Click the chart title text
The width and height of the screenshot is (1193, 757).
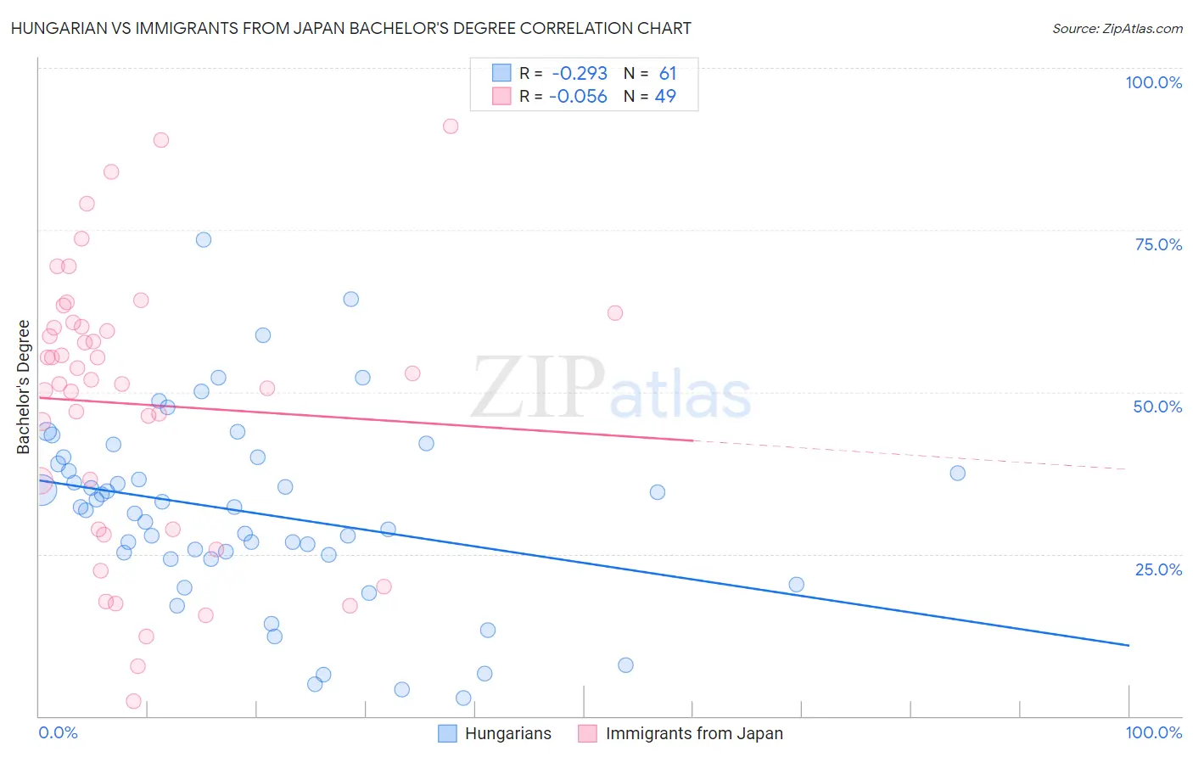(351, 28)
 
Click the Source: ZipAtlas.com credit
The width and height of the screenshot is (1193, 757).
(1117, 28)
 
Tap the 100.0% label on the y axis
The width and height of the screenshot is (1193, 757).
(1153, 82)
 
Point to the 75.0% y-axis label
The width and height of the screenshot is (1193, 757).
(1158, 244)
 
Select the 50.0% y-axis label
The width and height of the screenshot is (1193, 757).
(1157, 407)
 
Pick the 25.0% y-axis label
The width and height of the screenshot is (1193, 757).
(1158, 569)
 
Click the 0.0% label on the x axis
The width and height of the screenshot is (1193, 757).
(58, 732)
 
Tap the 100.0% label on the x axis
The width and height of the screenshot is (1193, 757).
(1153, 732)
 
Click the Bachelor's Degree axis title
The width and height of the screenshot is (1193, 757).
(24, 387)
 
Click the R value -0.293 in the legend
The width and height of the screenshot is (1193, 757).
(580, 74)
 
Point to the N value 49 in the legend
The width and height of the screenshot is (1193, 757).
(665, 97)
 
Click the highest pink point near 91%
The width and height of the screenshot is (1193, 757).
(451, 126)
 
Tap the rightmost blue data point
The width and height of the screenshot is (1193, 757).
(957, 474)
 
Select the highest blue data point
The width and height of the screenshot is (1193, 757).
(204, 239)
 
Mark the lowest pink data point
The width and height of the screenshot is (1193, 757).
(133, 701)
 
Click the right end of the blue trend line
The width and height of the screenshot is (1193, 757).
(1128, 646)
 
